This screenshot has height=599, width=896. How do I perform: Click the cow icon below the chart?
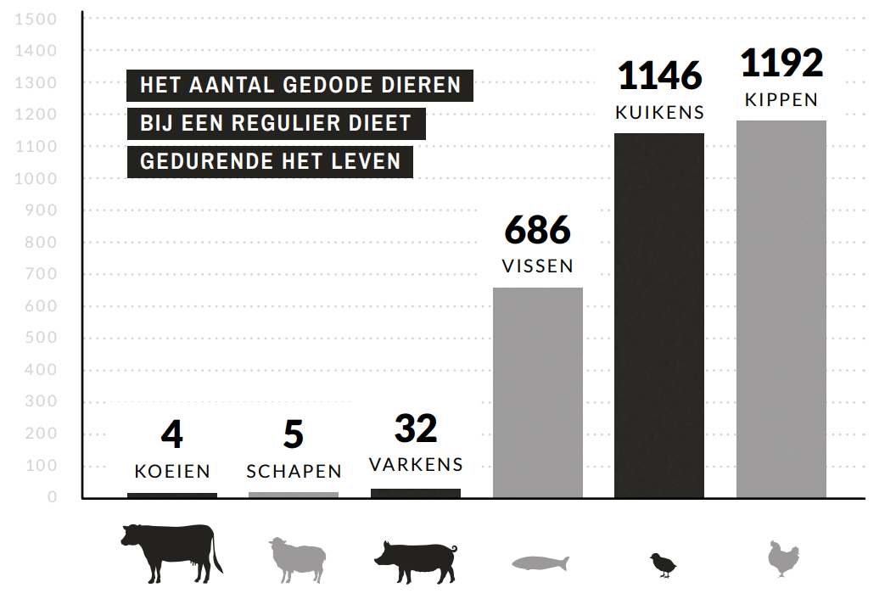[171, 552]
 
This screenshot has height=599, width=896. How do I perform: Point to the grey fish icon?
[540, 563]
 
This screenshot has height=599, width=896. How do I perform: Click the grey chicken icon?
[782, 558]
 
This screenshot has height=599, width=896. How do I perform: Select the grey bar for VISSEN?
[538, 392]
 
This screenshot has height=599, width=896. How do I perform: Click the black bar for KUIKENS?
[659, 315]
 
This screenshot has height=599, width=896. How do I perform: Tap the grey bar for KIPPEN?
[781, 309]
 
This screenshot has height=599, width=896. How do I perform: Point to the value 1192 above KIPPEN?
[781, 64]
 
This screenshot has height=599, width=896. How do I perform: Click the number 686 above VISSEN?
[538, 231]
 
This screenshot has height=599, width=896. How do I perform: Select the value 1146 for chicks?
[660, 76]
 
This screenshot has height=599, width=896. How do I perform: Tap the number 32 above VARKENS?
[416, 430]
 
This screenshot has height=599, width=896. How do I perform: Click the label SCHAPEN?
[294, 471]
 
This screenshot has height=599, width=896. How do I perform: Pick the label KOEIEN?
[172, 471]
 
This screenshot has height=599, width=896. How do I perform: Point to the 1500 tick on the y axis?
[36, 20]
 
